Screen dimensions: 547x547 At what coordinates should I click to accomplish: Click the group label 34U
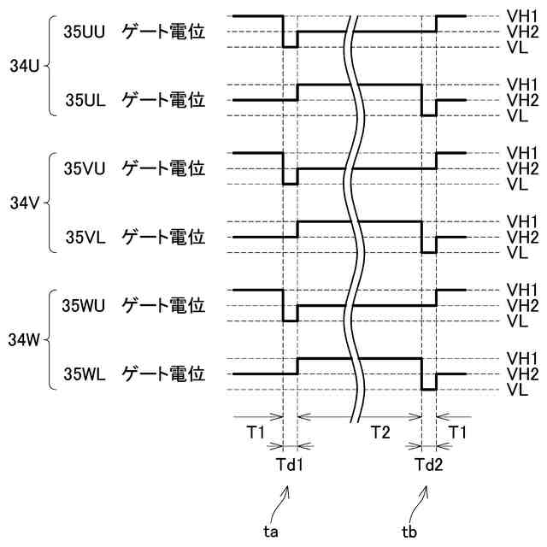[x=24, y=65]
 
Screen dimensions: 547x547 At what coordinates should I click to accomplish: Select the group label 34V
[x=24, y=203]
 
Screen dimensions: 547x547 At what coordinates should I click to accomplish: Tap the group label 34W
[x=24, y=340]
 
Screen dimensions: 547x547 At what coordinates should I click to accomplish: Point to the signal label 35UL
[x=85, y=100]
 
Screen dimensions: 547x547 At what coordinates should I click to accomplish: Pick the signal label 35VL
[x=85, y=237]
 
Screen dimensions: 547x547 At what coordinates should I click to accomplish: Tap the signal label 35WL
[x=85, y=373]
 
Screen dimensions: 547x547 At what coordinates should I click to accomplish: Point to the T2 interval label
[x=380, y=434]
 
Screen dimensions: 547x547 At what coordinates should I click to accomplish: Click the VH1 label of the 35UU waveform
[x=521, y=15]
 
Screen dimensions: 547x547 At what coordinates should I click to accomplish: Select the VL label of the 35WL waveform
[x=516, y=390]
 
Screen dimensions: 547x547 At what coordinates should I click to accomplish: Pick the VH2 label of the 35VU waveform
[x=521, y=168]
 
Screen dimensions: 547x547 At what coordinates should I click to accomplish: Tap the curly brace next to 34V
[x=48, y=203]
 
